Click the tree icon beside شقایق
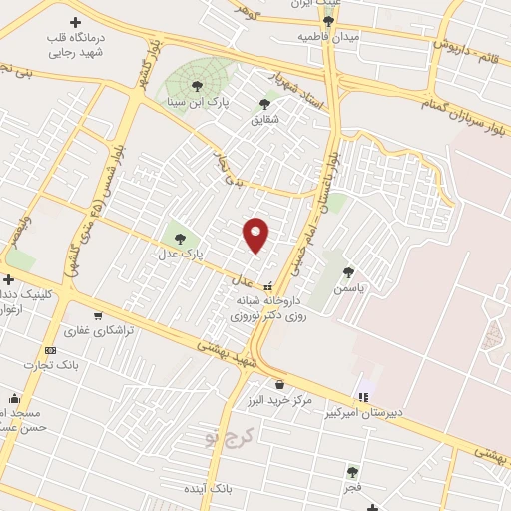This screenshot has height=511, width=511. pos(264,103)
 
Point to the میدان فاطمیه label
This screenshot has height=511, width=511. pos(328,36)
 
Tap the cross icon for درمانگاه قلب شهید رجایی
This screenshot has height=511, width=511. pos(76,22)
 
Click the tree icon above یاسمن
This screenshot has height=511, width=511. pos(348,271)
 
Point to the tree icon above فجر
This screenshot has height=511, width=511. pos(351,472)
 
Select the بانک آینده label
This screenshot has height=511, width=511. pos(208,490)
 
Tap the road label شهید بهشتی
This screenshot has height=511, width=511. pos(227,355)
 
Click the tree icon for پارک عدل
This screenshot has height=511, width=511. pos(180,238)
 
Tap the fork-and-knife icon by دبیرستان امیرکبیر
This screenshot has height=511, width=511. pos(363,397)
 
